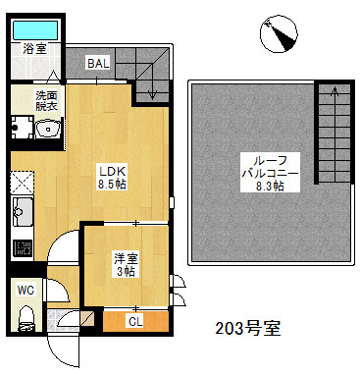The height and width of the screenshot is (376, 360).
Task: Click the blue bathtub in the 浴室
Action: point(35,30)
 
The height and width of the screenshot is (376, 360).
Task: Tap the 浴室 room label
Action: point(34,49)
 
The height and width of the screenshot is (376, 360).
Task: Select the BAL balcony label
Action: point(98,63)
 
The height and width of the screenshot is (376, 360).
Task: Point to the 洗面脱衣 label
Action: point(46,101)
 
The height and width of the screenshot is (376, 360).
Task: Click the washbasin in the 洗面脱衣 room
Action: point(49,130)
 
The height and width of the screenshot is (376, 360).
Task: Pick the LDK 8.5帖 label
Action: point(112,178)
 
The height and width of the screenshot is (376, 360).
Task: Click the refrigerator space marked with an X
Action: point(22,182)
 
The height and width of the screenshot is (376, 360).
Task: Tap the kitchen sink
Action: point(23,212)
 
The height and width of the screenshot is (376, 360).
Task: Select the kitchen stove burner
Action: point(23,247)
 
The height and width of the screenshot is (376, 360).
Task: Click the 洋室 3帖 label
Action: point(127,265)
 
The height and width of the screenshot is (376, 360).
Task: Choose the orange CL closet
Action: point(135,321)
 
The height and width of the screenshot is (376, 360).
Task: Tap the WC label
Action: point(26,290)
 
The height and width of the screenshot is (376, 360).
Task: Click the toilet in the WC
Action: point(26,319)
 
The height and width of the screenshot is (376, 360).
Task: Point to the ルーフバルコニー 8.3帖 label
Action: point(270,173)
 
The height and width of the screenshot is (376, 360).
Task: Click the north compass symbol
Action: point(279,34)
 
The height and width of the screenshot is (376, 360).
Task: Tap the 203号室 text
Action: point(248,328)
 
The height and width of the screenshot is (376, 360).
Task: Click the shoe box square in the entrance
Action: point(87,318)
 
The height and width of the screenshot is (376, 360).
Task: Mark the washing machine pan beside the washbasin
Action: point(23,126)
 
